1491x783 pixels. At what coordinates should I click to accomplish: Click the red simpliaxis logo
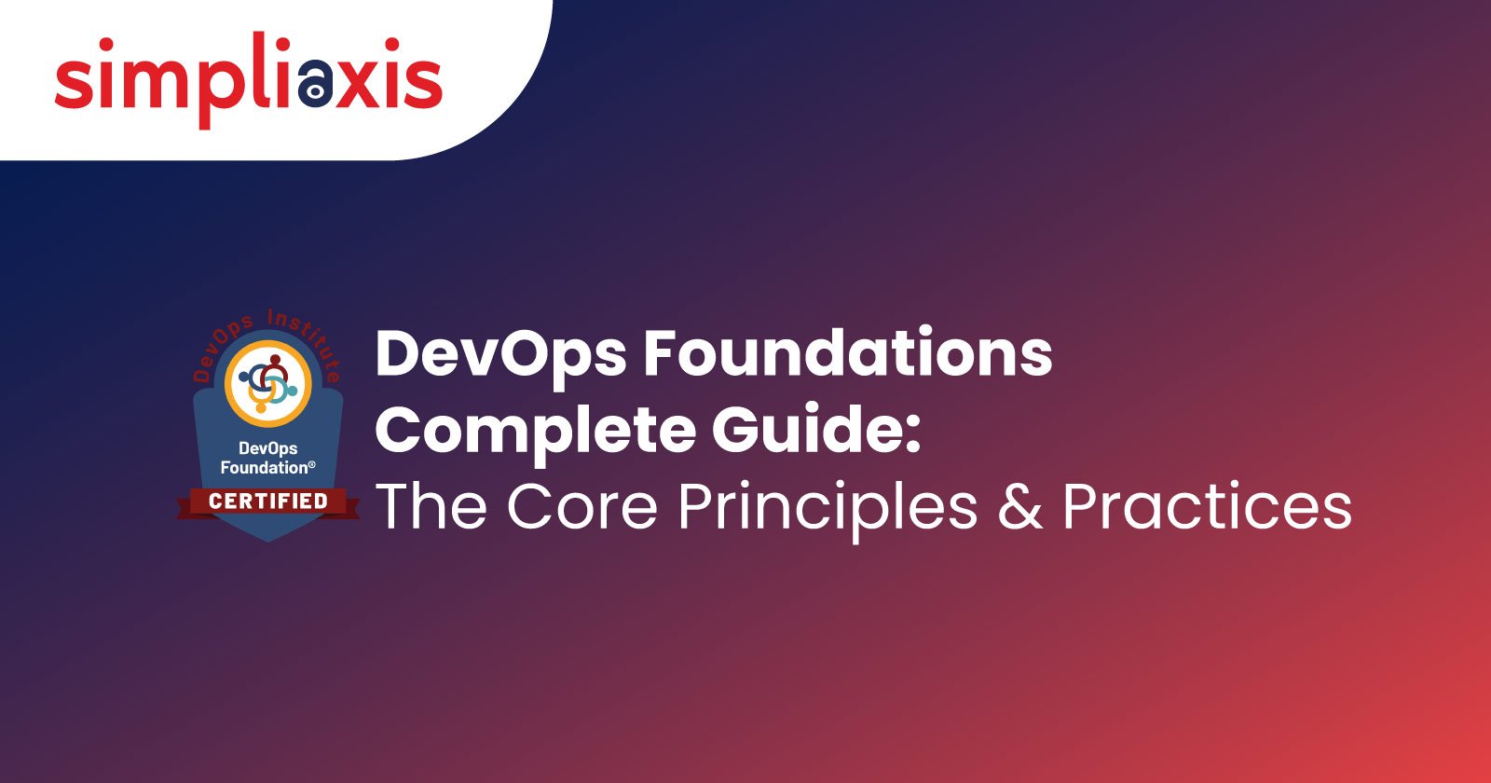(248, 80)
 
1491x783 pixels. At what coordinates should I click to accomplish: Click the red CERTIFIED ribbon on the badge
(268, 502)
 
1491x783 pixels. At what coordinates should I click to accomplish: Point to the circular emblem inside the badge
(268, 383)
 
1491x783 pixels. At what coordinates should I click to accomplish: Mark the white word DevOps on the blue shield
(267, 448)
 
